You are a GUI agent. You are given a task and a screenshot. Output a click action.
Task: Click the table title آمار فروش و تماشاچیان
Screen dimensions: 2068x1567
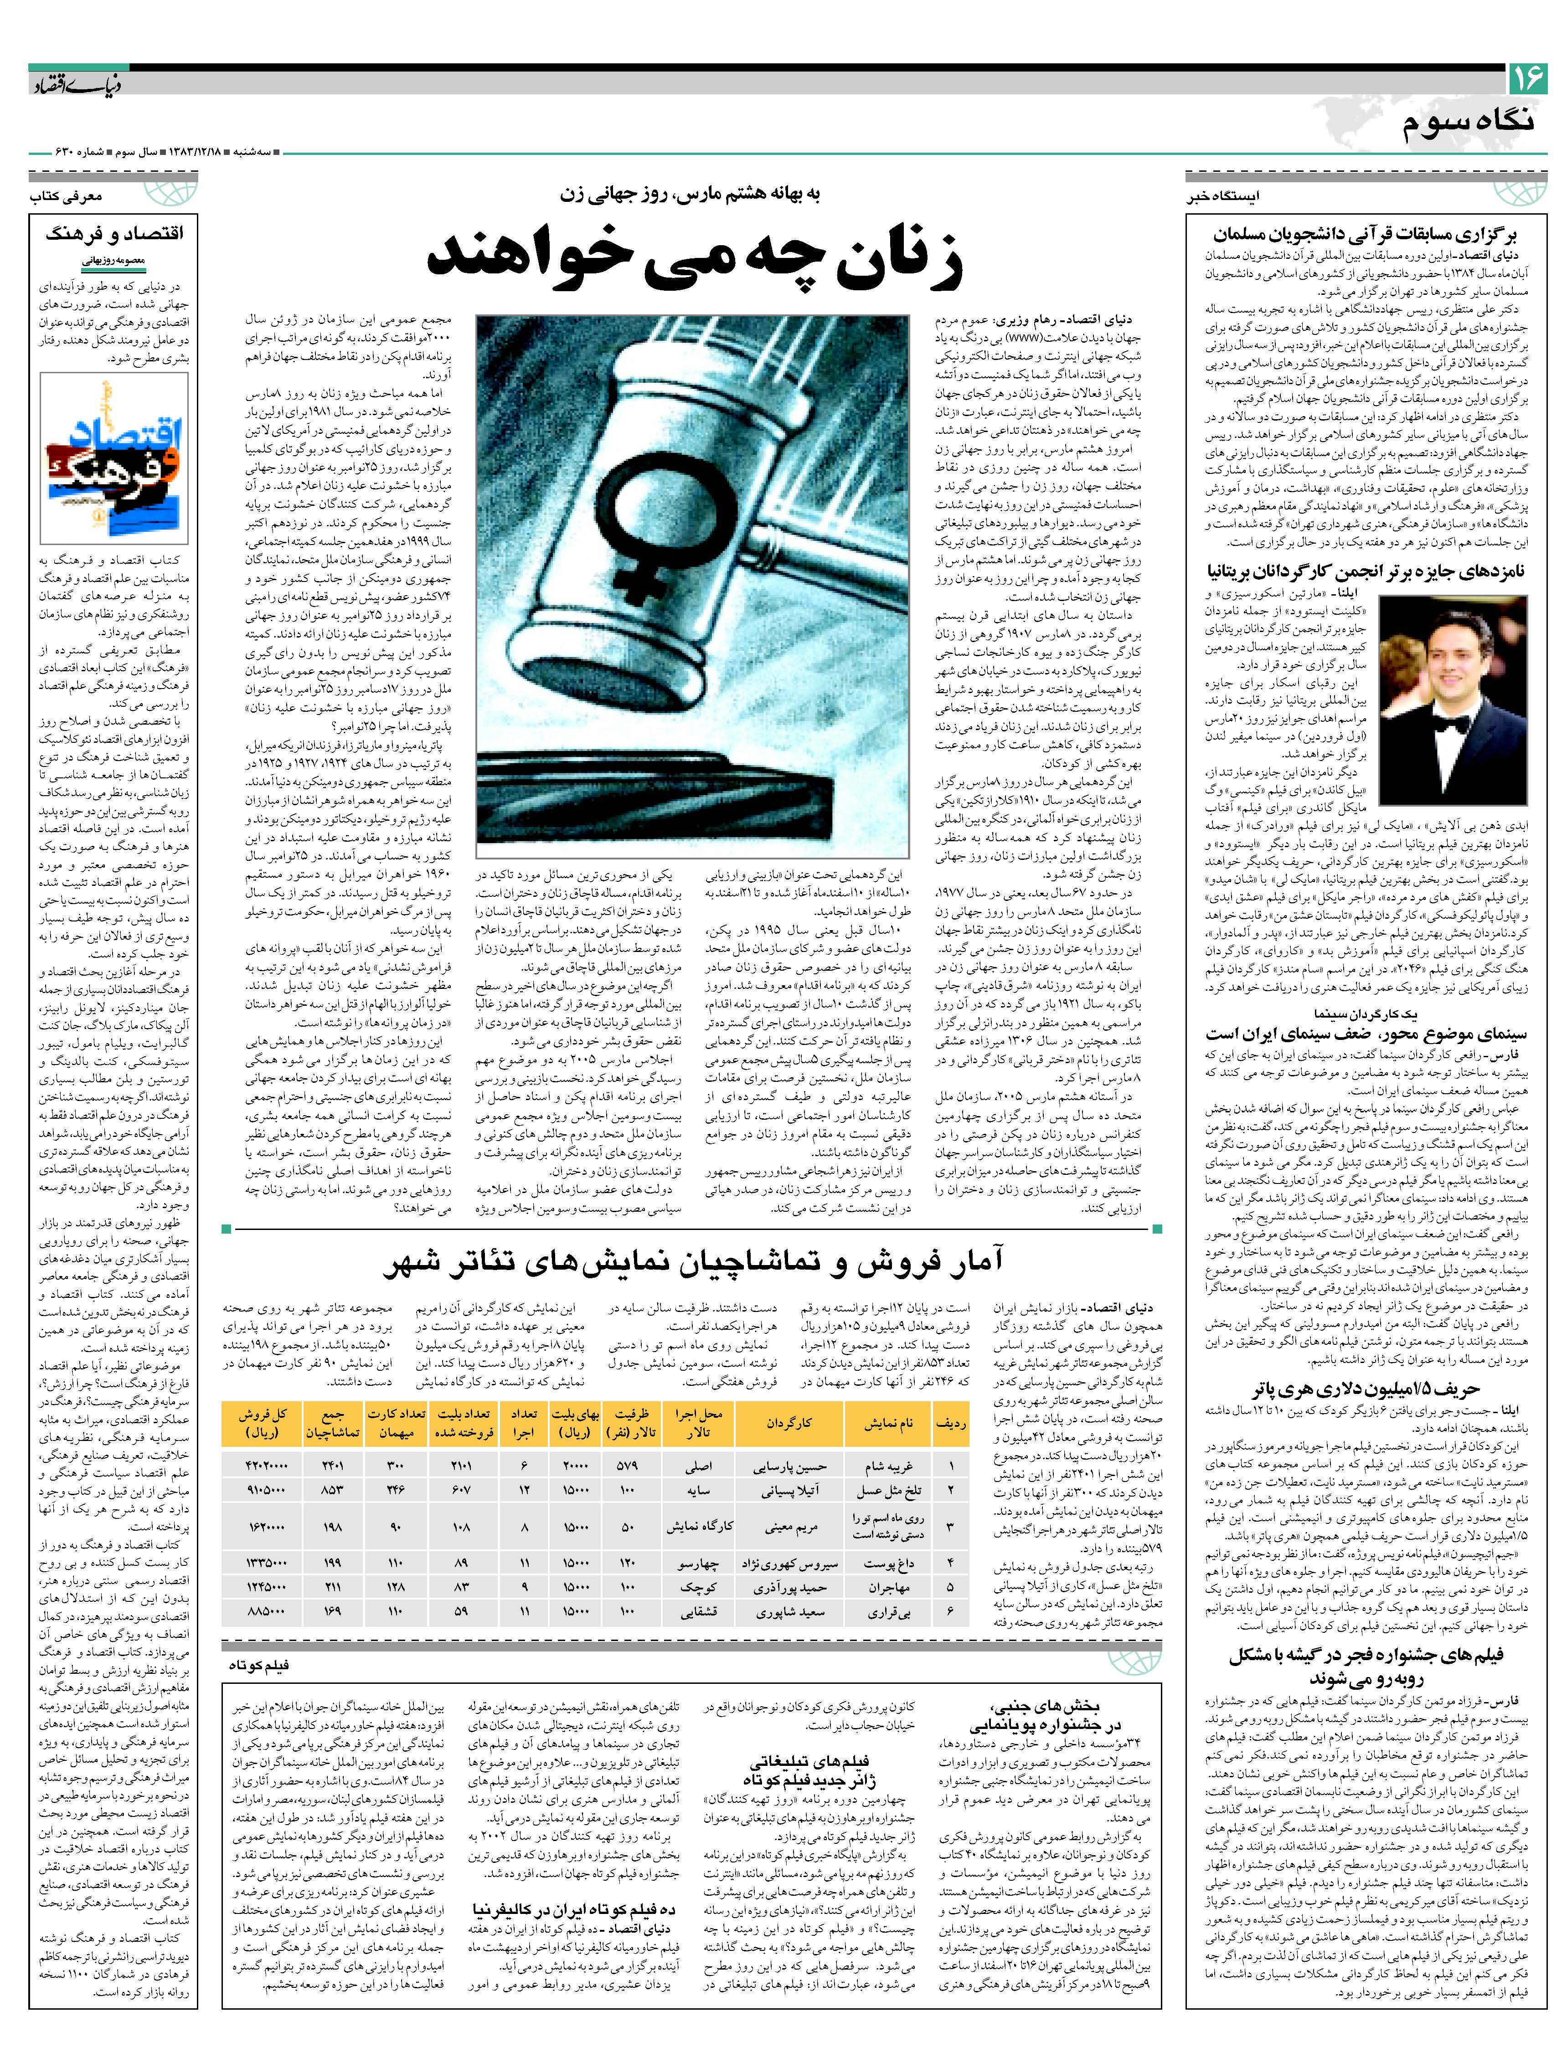pyautogui.click(x=692, y=1264)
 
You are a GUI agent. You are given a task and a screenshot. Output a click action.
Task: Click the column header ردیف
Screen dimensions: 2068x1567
pyautogui.click(x=950, y=1423)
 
